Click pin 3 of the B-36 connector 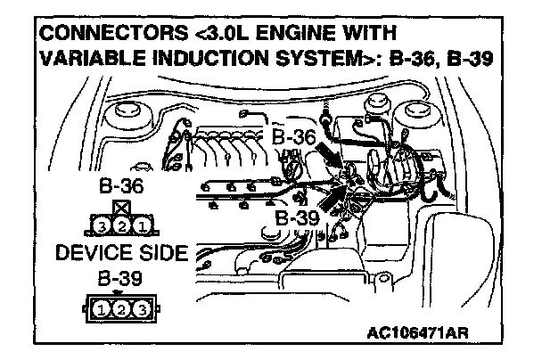click(104, 225)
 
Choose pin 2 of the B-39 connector click(119, 311)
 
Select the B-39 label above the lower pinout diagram click(119, 279)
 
